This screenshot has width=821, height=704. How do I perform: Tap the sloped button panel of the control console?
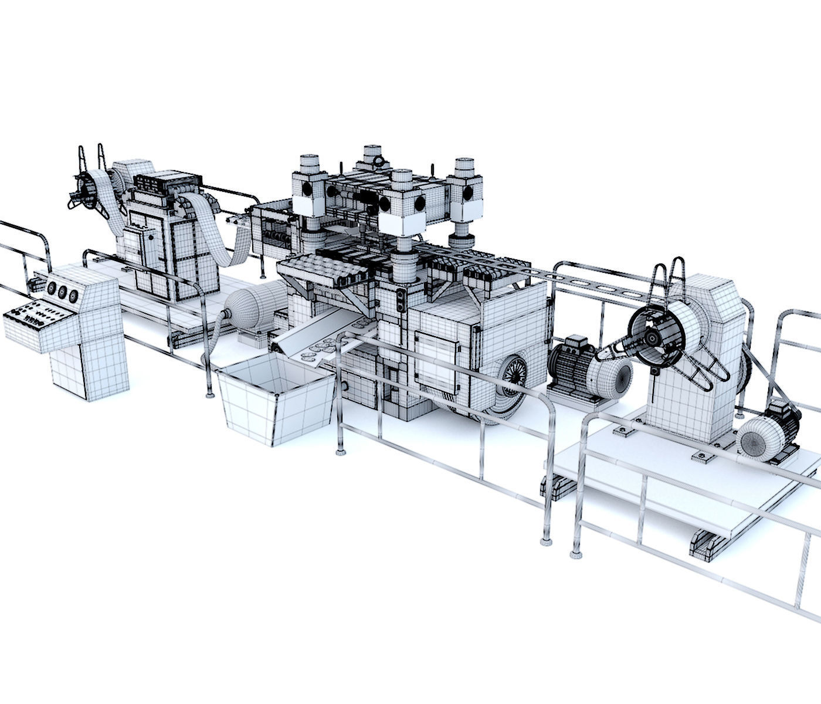[39, 316]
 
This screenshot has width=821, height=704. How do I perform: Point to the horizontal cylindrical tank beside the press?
[252, 308]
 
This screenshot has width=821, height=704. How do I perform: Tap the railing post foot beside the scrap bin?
[210, 394]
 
